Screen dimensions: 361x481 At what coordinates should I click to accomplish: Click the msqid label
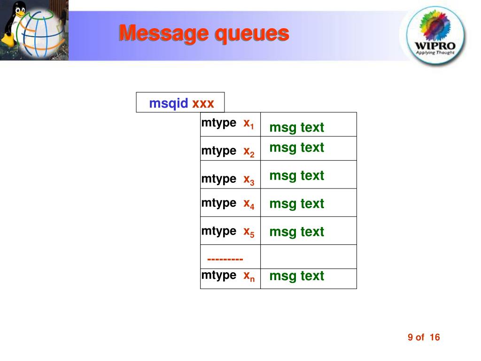(169, 103)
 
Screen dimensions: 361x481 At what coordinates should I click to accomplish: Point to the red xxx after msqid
(203, 103)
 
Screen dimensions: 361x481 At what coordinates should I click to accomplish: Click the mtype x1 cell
(230, 124)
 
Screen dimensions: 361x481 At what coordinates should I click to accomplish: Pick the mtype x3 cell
(230, 179)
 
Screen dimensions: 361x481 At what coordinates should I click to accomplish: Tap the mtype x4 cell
(230, 204)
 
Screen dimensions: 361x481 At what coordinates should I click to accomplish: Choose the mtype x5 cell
(230, 232)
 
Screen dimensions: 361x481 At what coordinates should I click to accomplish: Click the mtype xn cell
(230, 276)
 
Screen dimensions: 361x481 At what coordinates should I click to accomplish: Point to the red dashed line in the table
(225, 259)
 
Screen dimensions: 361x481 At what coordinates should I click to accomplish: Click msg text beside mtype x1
(297, 127)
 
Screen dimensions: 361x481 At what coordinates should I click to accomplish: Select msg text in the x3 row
(297, 175)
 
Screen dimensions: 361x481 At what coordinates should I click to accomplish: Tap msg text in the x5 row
(297, 232)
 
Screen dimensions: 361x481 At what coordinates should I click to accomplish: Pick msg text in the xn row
(297, 276)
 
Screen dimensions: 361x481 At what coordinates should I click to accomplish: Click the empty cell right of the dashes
(308, 257)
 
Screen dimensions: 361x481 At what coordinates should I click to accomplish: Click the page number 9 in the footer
(410, 337)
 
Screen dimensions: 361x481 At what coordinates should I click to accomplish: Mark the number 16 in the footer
(434, 337)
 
